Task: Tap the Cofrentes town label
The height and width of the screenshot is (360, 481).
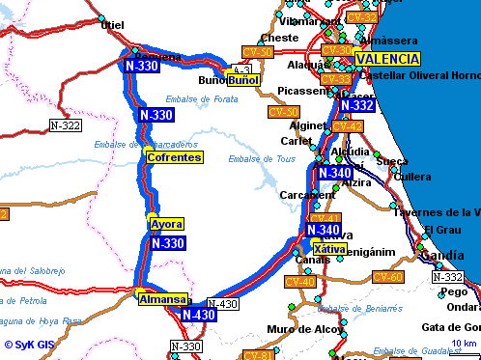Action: pos(174,156)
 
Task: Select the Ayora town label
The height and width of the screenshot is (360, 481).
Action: pos(166,224)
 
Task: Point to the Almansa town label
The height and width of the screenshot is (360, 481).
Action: pos(161,299)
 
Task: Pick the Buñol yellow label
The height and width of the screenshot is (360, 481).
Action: pos(243,79)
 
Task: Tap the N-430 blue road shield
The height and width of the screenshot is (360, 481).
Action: pos(198,315)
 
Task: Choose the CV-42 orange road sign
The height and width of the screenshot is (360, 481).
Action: pos(348,126)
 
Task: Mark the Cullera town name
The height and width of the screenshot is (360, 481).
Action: pos(412,177)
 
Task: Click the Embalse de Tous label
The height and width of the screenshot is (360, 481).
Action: pos(254,159)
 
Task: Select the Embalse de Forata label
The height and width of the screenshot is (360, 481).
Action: pos(207,97)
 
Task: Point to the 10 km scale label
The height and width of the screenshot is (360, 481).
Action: pos(465,344)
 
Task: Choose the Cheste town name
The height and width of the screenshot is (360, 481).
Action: pos(279,38)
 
